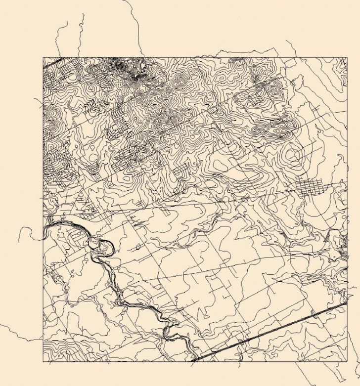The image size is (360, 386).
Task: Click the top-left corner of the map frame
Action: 43,57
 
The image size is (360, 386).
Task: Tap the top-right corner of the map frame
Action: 347,57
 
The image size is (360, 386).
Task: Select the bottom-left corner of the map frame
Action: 43,362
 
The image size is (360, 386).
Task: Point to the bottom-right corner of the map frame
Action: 347,362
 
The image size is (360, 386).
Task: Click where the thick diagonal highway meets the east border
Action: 346,303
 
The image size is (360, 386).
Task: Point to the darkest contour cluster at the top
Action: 131,69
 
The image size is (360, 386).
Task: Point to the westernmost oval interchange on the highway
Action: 241,342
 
